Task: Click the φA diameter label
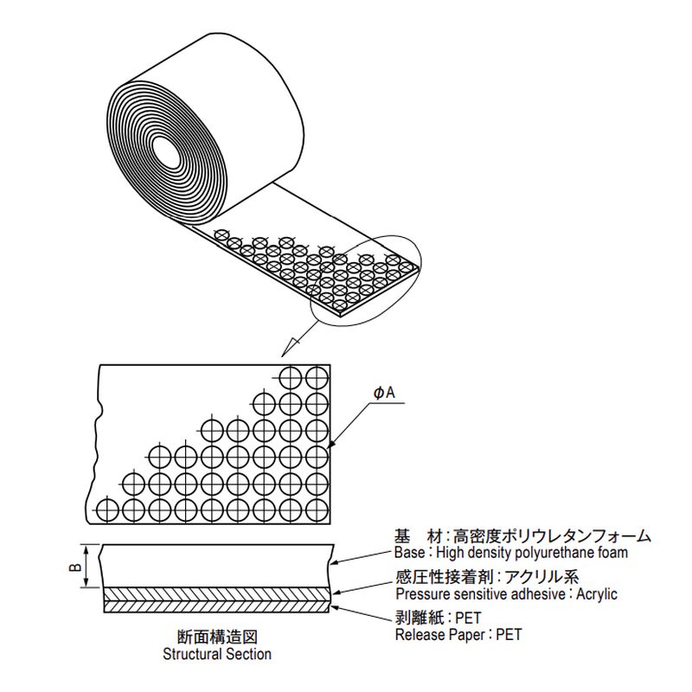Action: coord(385,394)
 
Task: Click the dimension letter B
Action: coord(75,567)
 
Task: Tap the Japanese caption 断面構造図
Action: coord(217,638)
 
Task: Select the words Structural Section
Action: coord(217,655)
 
